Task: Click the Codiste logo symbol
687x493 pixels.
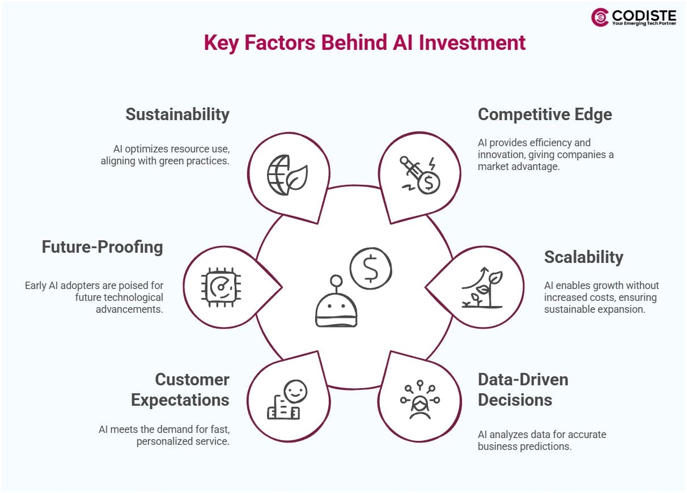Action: click(600, 17)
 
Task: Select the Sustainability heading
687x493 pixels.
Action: click(177, 114)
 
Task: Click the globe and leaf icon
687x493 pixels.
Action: click(287, 175)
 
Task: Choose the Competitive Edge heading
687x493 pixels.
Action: click(545, 114)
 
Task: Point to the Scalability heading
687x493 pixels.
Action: click(583, 257)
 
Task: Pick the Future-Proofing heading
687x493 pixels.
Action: click(102, 247)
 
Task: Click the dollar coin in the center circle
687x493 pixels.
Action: click(371, 268)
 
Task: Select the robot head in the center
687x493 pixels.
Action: click(336, 306)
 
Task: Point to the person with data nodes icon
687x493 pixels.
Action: click(419, 400)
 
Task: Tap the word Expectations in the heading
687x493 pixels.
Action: click(180, 400)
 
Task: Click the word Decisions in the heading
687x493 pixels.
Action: click(515, 400)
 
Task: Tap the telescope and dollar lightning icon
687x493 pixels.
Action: click(420, 175)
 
